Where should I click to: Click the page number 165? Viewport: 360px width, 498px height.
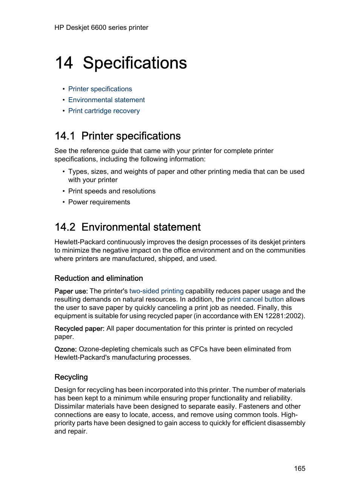[x=300, y=469]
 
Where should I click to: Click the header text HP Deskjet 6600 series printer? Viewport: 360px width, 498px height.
[x=101, y=28]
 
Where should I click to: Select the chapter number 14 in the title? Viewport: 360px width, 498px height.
[x=64, y=63]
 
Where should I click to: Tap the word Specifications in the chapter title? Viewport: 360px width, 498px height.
[x=135, y=63]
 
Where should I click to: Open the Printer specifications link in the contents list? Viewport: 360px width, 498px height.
[x=100, y=89]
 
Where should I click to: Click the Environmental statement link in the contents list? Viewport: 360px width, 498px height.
[x=106, y=100]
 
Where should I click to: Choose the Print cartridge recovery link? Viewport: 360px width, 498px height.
[x=104, y=111]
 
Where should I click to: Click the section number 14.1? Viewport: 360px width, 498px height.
[x=65, y=136]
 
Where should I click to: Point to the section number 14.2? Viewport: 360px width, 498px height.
[x=65, y=227]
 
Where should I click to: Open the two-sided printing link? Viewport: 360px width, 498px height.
[x=156, y=291]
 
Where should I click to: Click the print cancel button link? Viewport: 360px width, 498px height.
[x=255, y=299]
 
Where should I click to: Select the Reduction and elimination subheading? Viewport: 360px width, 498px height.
[x=98, y=278]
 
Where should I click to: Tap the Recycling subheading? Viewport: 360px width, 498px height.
[x=71, y=377]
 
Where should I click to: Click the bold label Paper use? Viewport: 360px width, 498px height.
[x=71, y=291]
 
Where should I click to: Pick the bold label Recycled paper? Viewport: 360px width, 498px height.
[x=79, y=328]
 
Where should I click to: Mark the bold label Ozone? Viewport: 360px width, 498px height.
[x=65, y=349]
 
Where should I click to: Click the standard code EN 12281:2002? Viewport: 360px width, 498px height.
[x=278, y=316]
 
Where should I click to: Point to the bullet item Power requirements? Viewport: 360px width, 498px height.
[x=99, y=202]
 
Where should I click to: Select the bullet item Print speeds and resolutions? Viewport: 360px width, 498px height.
[x=112, y=191]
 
